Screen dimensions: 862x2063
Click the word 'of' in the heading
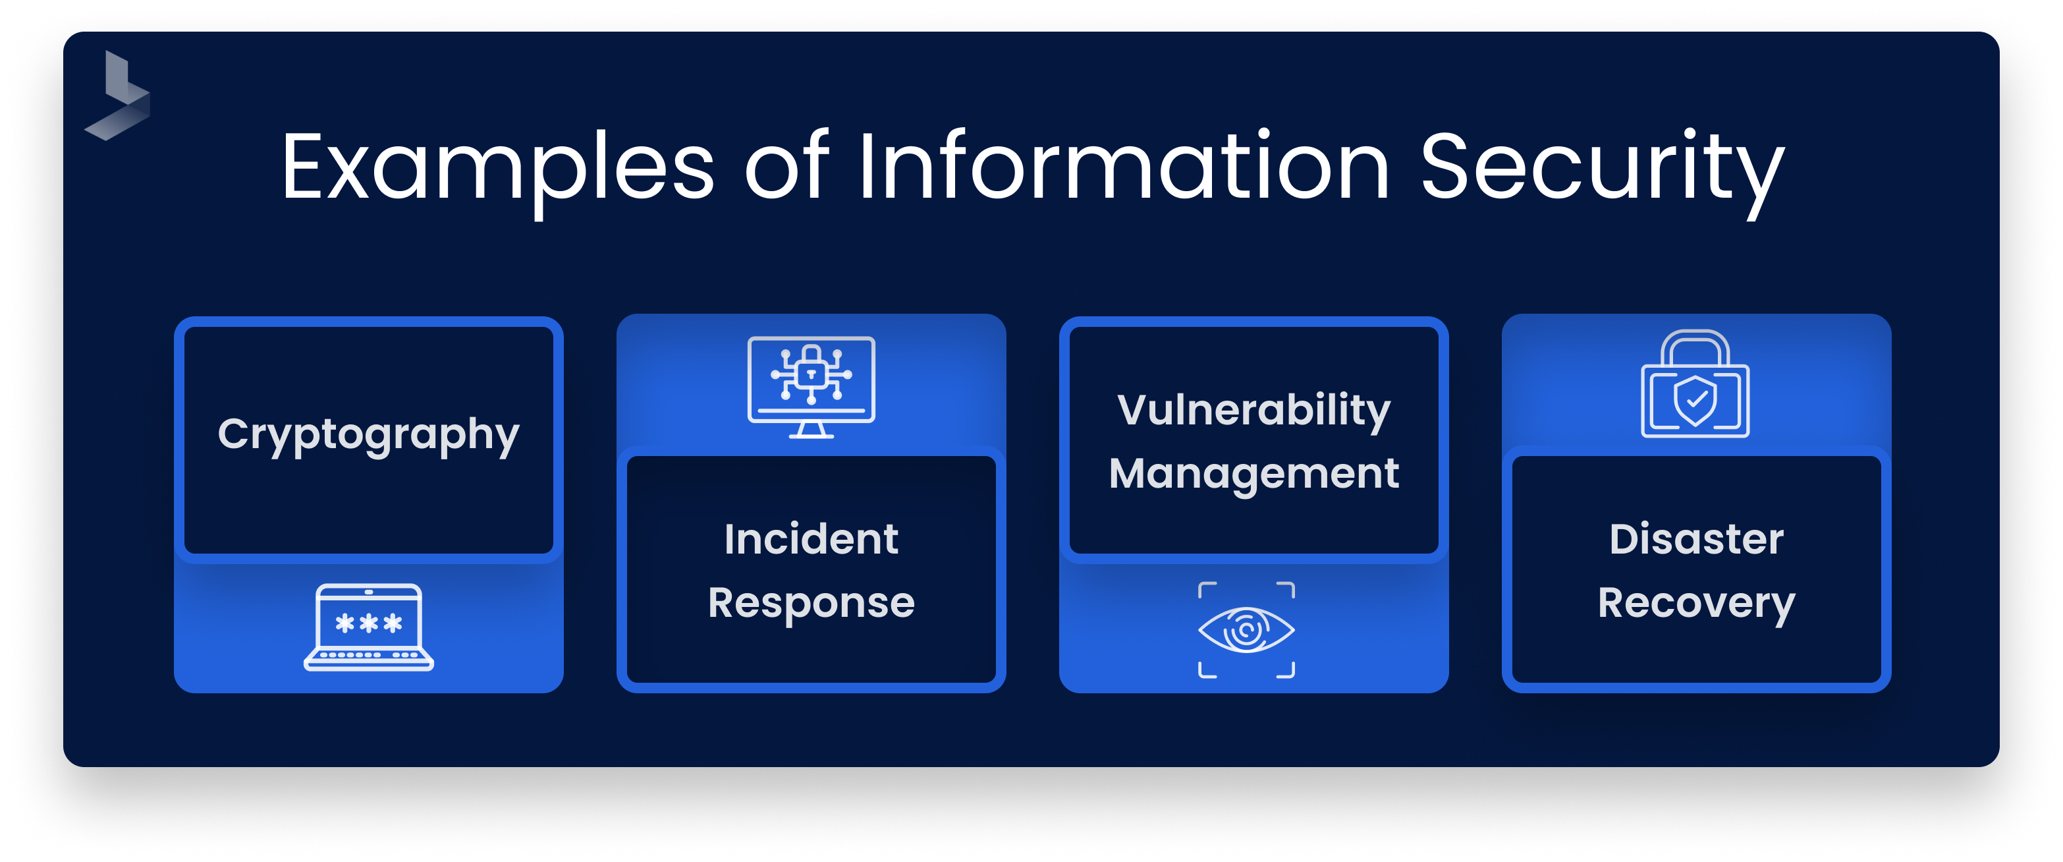click(786, 167)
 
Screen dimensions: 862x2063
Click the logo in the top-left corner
click(119, 96)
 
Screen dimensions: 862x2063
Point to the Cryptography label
click(368, 435)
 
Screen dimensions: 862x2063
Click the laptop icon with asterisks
click(368, 627)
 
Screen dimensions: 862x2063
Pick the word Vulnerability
click(1253, 410)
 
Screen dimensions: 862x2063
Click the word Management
click(1253, 473)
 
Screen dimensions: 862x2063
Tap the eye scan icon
click(1246, 629)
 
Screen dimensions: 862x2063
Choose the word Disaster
click(1696, 538)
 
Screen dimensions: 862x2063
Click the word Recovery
click(1696, 602)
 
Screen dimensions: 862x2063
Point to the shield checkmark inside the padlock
click(1695, 400)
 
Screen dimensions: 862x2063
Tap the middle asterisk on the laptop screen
click(368, 623)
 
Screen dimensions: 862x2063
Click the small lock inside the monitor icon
click(811, 372)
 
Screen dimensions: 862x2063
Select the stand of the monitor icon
click(811, 430)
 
